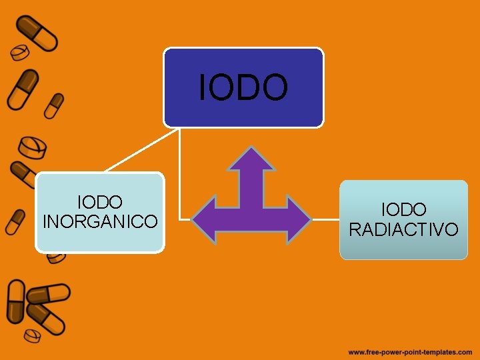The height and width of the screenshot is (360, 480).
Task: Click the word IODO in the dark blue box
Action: coord(243,88)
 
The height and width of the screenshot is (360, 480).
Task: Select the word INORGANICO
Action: coord(100,221)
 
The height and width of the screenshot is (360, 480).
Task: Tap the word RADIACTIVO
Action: coord(403,229)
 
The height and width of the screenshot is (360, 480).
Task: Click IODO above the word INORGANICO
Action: coord(100,201)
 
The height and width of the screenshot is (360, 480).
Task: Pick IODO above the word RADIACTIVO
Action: coord(403,211)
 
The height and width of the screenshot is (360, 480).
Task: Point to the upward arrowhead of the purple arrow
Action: coord(251,160)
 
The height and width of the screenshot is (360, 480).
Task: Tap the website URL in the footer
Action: coord(409,351)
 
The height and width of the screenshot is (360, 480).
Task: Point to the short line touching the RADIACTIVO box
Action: coord(326,219)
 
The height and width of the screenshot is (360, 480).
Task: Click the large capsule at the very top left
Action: coord(37,33)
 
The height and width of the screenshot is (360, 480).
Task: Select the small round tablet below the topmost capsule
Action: coord(20,53)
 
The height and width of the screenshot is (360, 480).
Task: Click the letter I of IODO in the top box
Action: coord(203,88)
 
